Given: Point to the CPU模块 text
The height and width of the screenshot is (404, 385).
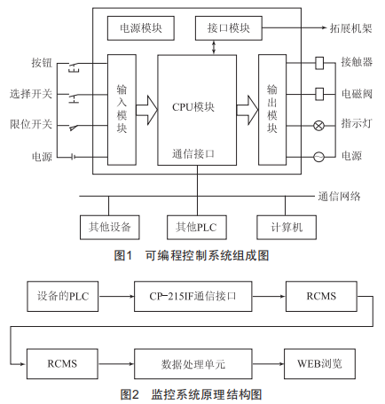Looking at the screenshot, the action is [193, 107].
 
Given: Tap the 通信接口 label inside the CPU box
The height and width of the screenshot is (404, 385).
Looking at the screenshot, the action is [193, 154].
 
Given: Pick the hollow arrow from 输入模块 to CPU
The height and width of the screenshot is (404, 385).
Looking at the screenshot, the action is [146, 110].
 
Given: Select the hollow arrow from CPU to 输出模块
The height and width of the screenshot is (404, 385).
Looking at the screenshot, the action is [247, 110].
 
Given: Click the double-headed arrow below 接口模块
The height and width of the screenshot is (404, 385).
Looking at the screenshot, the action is [214, 47].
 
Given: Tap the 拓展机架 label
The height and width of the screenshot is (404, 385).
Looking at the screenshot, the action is [350, 28].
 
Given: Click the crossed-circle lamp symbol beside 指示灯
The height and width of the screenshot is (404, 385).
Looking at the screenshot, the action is [318, 126].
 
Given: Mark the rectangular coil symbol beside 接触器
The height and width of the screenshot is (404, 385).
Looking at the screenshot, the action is [319, 63].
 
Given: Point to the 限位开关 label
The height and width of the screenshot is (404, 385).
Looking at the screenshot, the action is [31, 124].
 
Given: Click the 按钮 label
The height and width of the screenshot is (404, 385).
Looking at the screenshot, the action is [42, 63].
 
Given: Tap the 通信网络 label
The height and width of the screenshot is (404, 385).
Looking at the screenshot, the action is [340, 197].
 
